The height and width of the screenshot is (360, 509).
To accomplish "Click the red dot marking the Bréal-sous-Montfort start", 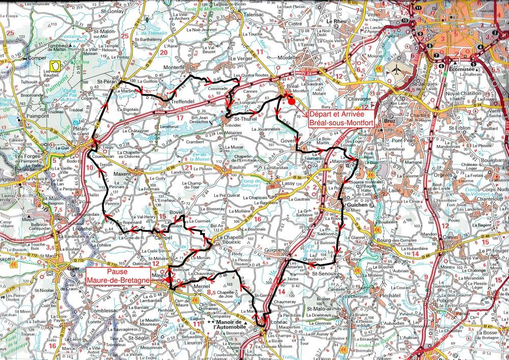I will click(291, 101).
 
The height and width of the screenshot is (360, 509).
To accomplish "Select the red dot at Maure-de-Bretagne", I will click(168, 280).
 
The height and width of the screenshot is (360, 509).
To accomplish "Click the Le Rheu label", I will click(336, 22).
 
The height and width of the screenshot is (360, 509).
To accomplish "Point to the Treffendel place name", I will click(174, 101).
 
